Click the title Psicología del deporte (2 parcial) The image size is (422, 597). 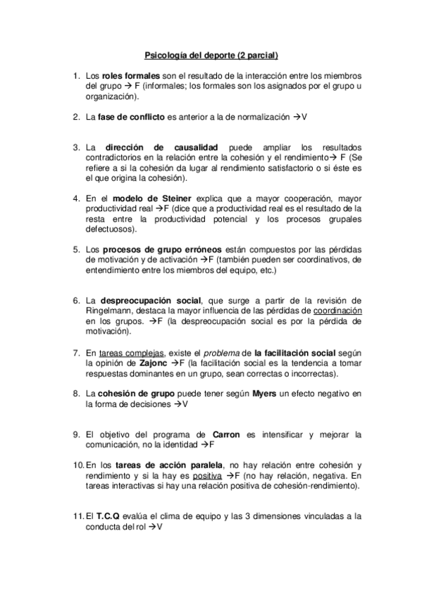coord(211,54)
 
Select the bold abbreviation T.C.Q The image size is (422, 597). coord(111,516)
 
